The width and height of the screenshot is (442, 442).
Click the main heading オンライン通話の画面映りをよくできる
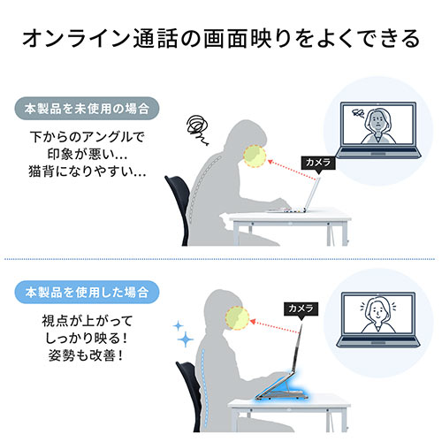point(221,40)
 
